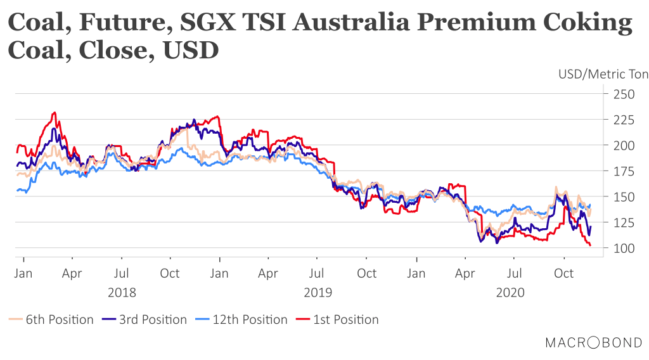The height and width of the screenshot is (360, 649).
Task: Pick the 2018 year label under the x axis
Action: point(122,293)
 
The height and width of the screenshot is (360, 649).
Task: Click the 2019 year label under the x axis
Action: point(318,293)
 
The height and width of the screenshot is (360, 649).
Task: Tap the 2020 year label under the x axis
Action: point(511,293)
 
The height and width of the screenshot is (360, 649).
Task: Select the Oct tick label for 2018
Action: point(170,274)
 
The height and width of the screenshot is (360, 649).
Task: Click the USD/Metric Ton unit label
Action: point(603,74)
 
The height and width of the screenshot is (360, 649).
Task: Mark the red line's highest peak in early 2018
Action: point(55,112)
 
